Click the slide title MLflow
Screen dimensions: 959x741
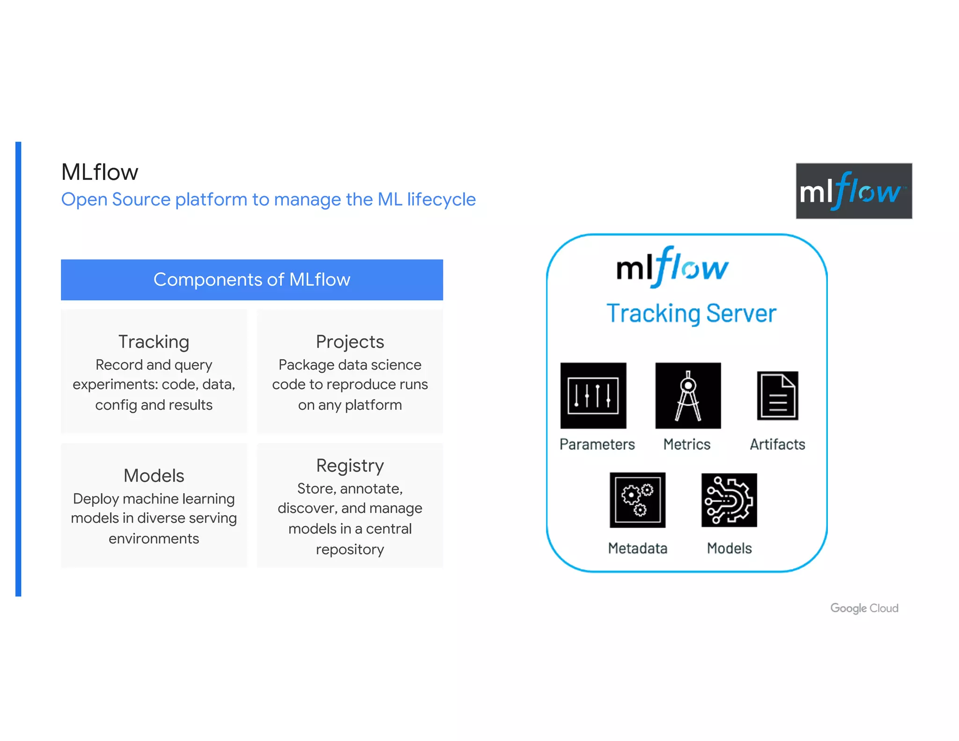(x=100, y=172)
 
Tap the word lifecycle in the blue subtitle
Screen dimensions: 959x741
(x=441, y=200)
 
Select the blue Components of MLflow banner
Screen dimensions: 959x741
(x=252, y=280)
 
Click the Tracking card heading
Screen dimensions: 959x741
(x=154, y=342)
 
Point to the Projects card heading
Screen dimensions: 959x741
(x=350, y=342)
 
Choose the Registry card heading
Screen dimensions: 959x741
(x=350, y=466)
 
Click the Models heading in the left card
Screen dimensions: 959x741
(x=154, y=476)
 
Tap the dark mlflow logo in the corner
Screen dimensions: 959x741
(x=854, y=191)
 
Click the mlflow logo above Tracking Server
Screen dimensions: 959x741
(x=672, y=267)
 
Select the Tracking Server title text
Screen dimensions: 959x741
(x=691, y=313)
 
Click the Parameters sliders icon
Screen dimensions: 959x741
(x=593, y=396)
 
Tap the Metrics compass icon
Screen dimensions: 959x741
(x=688, y=396)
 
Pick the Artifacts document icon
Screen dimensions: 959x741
(x=777, y=396)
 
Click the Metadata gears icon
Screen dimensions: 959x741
(x=637, y=500)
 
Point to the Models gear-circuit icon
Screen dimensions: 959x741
(x=729, y=500)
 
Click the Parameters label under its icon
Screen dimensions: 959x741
(x=597, y=444)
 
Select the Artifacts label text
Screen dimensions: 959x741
(x=777, y=444)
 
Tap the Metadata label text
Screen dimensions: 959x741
(x=637, y=548)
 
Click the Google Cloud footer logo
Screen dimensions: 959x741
(x=864, y=608)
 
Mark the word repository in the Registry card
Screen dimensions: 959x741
(x=350, y=549)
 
